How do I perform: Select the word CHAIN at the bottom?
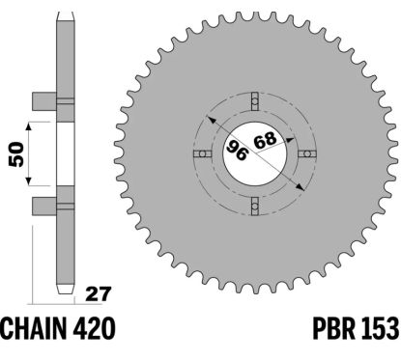point(36,331)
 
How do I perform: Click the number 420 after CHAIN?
point(95,331)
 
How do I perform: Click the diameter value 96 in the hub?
point(237,150)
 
